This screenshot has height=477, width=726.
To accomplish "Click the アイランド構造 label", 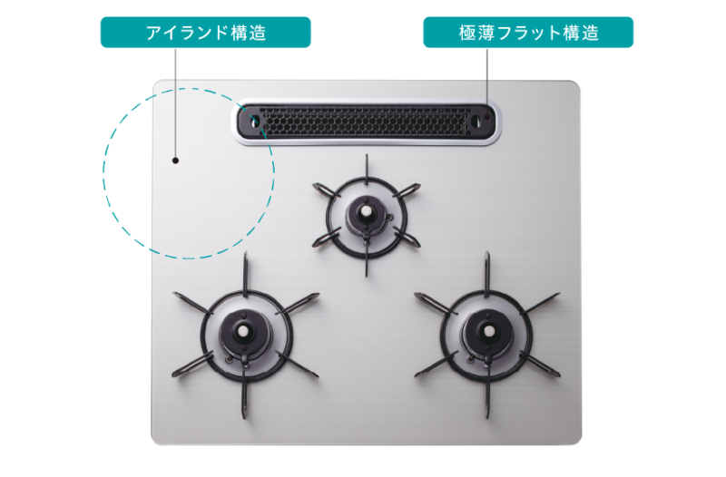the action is tap(206, 33).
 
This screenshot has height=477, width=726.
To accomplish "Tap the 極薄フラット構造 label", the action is tap(528, 33).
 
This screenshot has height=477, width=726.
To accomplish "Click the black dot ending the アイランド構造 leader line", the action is tap(175, 161).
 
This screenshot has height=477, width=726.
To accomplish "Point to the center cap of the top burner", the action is tap(367, 211).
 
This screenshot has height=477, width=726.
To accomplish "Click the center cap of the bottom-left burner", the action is tap(243, 331).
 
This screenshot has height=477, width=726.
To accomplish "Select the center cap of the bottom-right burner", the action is tap(488, 331).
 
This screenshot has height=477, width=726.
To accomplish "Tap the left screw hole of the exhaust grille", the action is tap(255, 122).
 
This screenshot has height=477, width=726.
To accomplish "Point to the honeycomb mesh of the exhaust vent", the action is tap(365, 122).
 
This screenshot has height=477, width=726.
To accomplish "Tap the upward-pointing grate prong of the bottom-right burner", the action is tap(487, 273).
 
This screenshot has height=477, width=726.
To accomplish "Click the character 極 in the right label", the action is tap(467, 33).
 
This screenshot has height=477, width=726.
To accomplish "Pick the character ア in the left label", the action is tap(154, 33).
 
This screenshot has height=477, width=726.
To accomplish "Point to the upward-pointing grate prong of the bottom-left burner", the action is tap(245, 273).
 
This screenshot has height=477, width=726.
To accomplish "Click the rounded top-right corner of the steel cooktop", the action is tap(575, 85).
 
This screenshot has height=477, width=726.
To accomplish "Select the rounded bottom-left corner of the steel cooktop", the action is tap(156, 440).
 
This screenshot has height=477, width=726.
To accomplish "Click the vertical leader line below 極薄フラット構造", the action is tap(487, 76).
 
